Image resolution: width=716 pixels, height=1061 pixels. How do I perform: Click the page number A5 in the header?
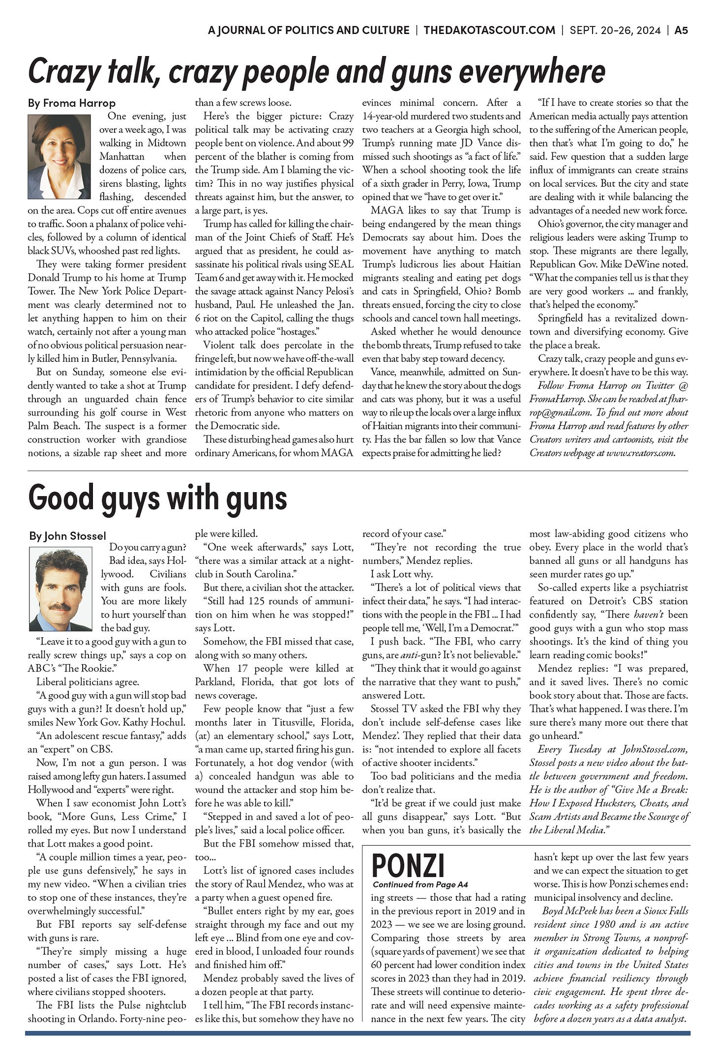(x=681, y=30)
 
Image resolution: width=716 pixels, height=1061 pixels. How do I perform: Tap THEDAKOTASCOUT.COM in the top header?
(x=489, y=30)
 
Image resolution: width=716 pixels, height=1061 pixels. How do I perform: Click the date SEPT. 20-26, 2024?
(x=615, y=30)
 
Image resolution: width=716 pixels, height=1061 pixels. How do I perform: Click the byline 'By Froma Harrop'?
(x=72, y=103)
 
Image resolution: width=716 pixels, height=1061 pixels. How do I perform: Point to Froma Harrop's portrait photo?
(x=59, y=156)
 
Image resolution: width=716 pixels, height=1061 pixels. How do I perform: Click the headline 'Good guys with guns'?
(x=158, y=498)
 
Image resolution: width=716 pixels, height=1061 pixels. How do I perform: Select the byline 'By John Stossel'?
(x=67, y=536)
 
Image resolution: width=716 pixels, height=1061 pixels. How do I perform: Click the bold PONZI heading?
(x=408, y=865)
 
